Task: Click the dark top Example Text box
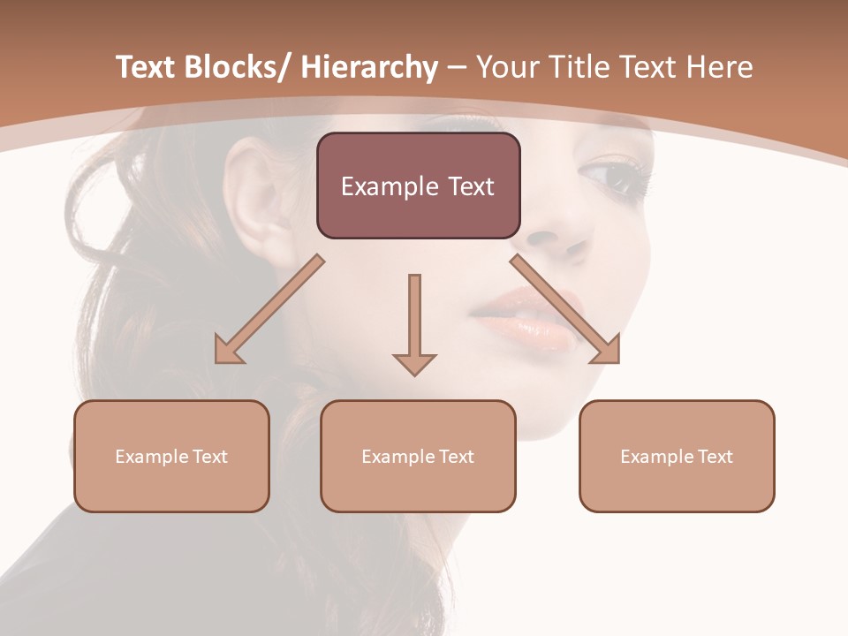418,185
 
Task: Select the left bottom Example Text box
171,456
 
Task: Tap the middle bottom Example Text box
418,456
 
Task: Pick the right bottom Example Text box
677,456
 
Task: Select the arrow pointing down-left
269,310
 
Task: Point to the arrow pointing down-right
565,310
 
